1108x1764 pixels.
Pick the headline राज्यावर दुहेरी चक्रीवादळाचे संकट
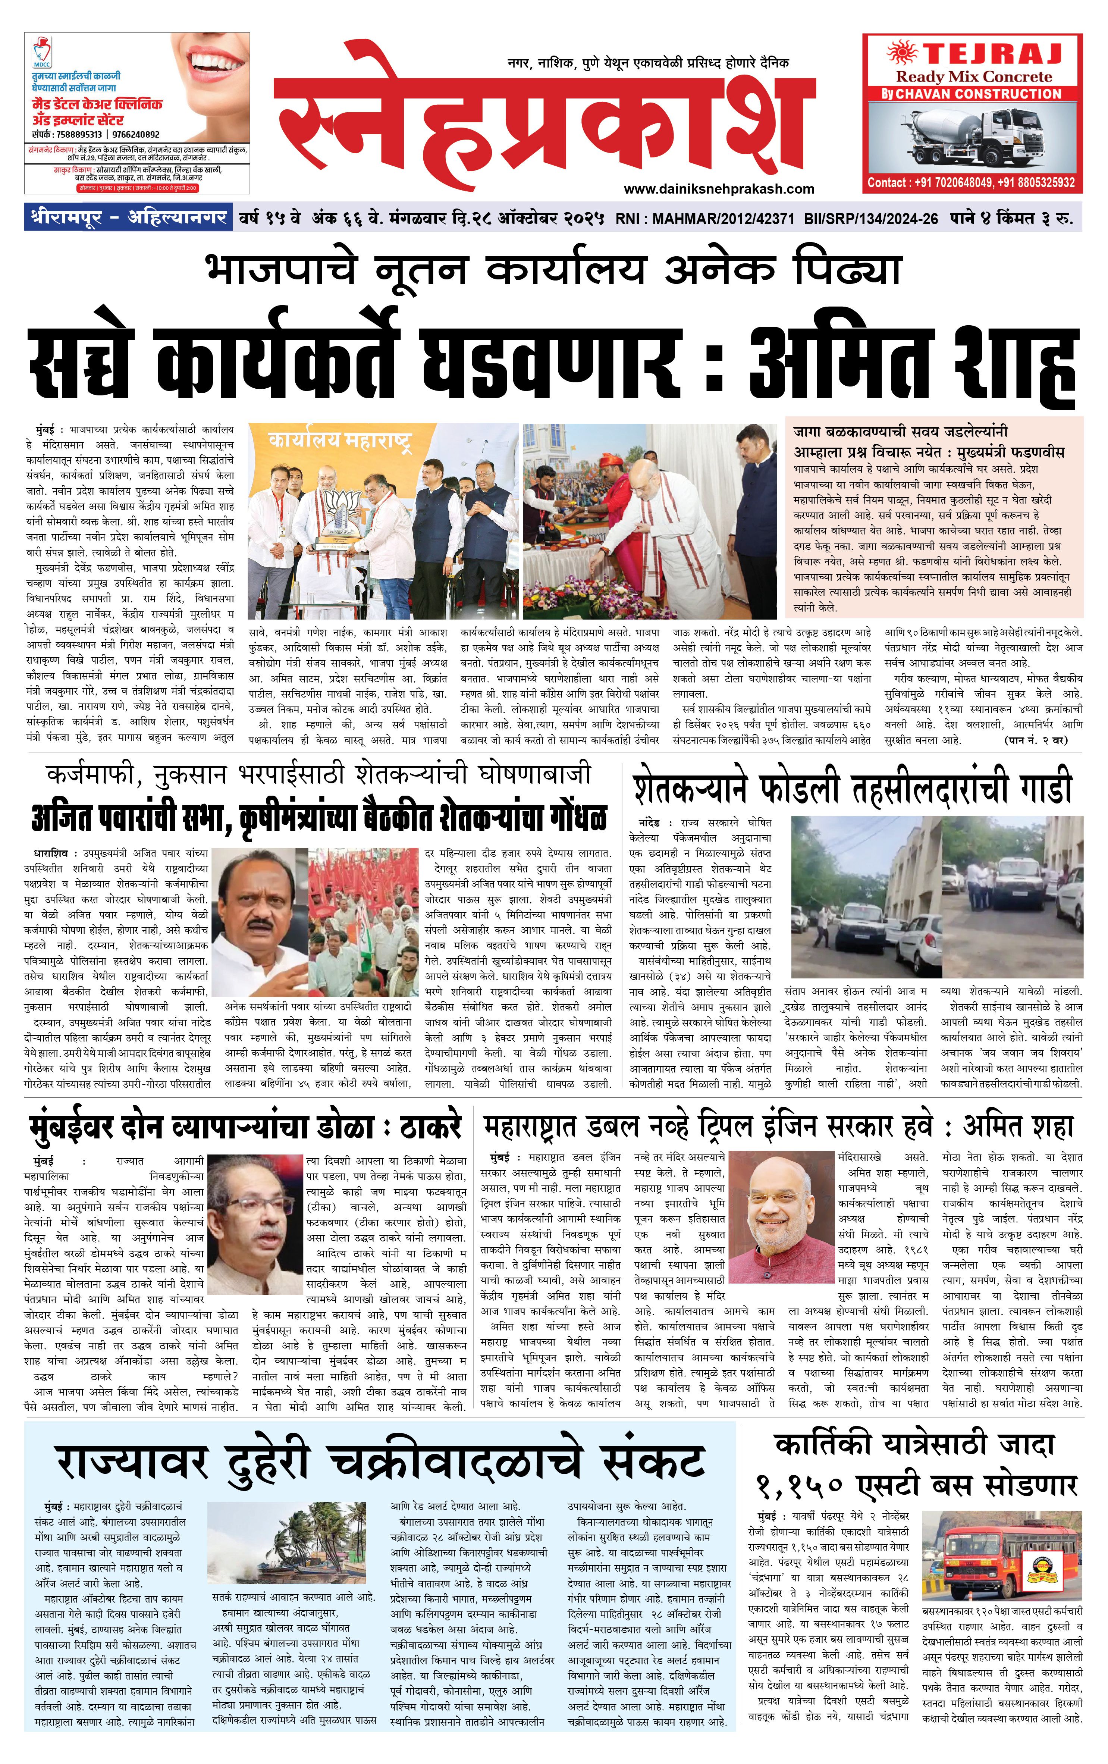pos(381,1462)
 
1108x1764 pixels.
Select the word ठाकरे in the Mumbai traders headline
pos(429,1127)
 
